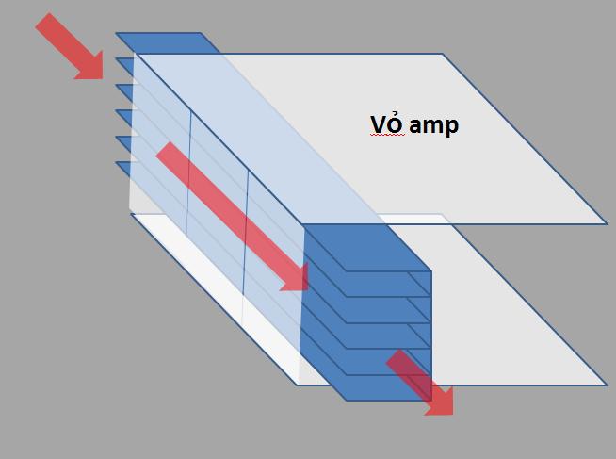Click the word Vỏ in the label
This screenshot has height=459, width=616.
[x=387, y=124]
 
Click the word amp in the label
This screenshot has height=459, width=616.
[x=433, y=126]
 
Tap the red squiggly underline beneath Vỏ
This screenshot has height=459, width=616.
[x=387, y=135]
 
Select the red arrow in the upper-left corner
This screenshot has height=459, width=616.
[x=69, y=46]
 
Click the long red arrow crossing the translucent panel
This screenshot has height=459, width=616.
[x=232, y=217]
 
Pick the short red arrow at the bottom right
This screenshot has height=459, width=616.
[x=419, y=383]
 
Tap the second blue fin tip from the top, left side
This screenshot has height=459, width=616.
[x=125, y=66]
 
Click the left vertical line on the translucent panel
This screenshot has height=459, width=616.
[x=189, y=172]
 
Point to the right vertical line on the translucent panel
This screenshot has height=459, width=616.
[x=246, y=232]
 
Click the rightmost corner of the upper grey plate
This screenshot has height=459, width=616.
[x=607, y=224]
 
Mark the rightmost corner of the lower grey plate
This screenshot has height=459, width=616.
[x=607, y=385]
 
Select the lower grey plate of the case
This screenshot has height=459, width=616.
[x=511, y=315]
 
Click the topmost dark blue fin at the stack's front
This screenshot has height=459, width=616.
[x=367, y=248]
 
